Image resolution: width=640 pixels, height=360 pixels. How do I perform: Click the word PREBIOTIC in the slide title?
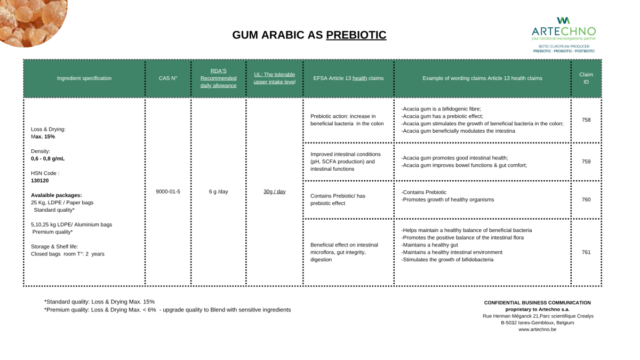tap(356, 35)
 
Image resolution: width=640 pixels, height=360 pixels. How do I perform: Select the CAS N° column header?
tap(168, 78)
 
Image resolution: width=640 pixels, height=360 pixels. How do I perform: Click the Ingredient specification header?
tap(84, 78)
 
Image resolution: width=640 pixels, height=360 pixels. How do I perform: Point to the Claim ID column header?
tap(586, 78)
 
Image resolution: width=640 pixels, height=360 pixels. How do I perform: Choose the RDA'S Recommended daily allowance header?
tap(219, 78)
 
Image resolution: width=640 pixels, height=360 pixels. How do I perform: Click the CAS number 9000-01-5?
tap(168, 191)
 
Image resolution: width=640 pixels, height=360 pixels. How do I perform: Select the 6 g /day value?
tap(219, 191)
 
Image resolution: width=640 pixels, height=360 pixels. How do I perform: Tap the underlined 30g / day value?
tap(274, 191)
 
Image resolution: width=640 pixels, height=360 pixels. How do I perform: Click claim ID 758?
tap(586, 120)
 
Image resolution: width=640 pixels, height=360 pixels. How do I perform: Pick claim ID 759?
tap(586, 162)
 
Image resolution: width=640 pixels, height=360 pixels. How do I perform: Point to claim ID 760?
tap(586, 199)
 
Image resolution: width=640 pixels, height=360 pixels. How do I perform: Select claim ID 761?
tap(586, 252)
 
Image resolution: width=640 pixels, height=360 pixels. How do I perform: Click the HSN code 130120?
tap(41, 180)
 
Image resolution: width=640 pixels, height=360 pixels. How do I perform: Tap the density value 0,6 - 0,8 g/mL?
tap(48, 159)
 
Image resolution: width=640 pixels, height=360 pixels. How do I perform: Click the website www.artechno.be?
tap(537, 330)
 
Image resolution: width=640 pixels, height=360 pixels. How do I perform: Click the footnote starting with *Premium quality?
tap(167, 310)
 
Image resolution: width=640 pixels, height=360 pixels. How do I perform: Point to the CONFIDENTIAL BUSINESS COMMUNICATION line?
tap(537, 302)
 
